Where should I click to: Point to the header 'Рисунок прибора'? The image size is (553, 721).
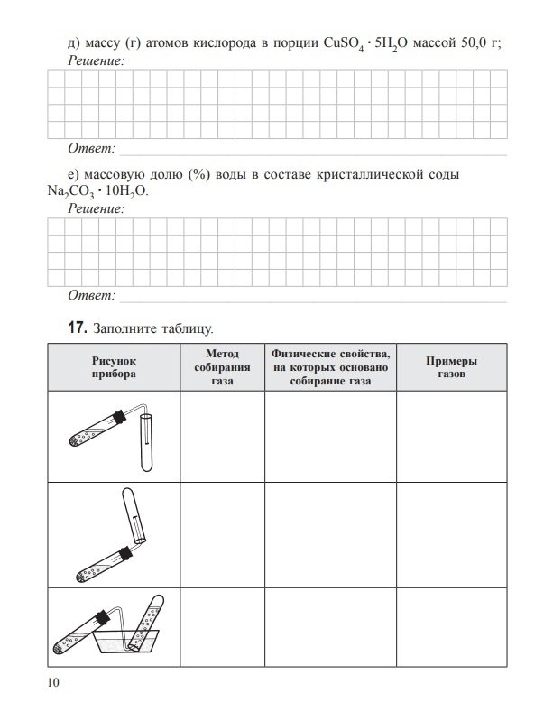pyautogui.click(x=113, y=366)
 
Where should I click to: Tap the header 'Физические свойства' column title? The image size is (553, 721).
pyautogui.click(x=329, y=366)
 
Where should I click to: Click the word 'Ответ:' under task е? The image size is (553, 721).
pyautogui.click(x=92, y=295)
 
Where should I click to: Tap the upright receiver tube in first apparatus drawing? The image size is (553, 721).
pyautogui.click(x=146, y=442)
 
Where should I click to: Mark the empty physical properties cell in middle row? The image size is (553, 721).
pyautogui.click(x=329, y=534)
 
